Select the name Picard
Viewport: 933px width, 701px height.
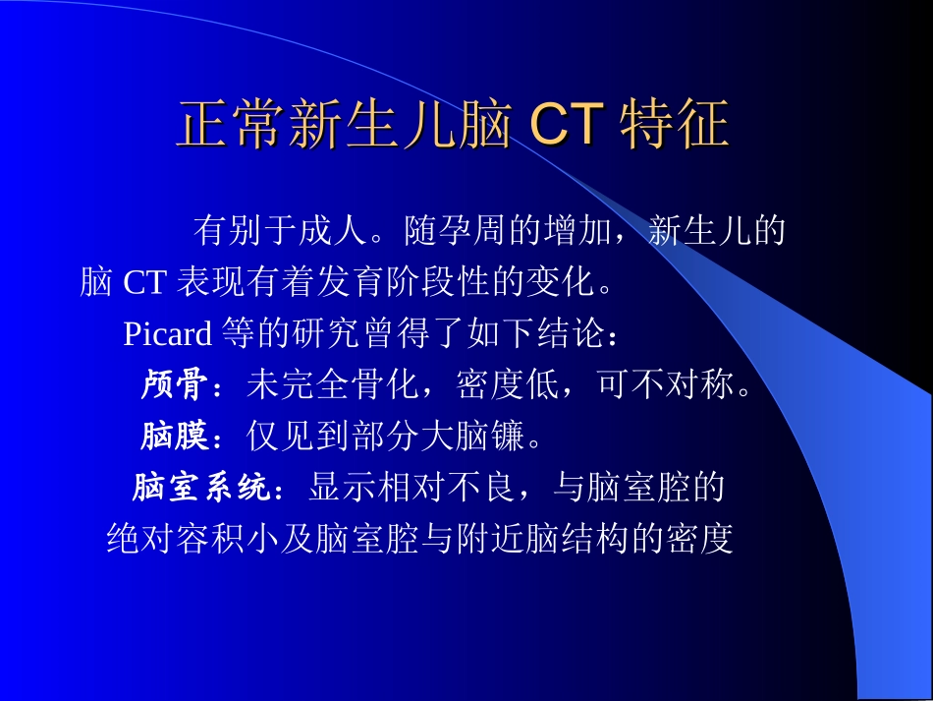click(167, 334)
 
